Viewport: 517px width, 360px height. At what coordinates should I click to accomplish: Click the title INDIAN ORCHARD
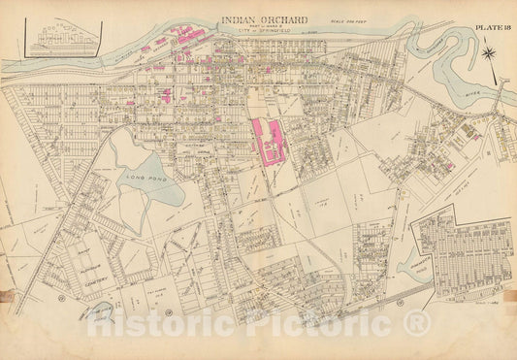(264, 18)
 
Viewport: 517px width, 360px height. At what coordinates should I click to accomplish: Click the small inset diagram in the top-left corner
(63, 38)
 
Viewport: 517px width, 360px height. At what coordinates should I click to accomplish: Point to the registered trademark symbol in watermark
(415, 322)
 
